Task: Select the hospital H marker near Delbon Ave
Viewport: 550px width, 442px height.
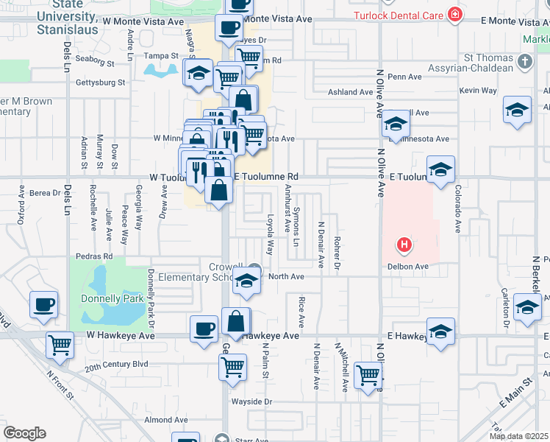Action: click(403, 244)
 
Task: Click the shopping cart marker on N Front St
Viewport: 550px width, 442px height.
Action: click(60, 343)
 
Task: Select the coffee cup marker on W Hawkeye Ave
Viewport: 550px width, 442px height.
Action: click(204, 329)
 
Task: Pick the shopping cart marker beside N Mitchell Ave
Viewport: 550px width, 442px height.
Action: click(368, 374)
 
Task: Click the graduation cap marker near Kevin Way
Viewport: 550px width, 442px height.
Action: click(517, 110)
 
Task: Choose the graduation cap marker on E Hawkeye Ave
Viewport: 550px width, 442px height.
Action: click(440, 331)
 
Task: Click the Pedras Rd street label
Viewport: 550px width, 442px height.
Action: click(97, 256)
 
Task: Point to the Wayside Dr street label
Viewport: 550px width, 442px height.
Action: click(251, 402)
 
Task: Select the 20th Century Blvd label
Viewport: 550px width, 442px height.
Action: click(116, 365)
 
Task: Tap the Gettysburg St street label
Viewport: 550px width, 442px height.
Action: click(100, 83)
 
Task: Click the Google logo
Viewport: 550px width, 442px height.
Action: click(24, 433)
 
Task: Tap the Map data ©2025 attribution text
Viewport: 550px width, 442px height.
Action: click(509, 436)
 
